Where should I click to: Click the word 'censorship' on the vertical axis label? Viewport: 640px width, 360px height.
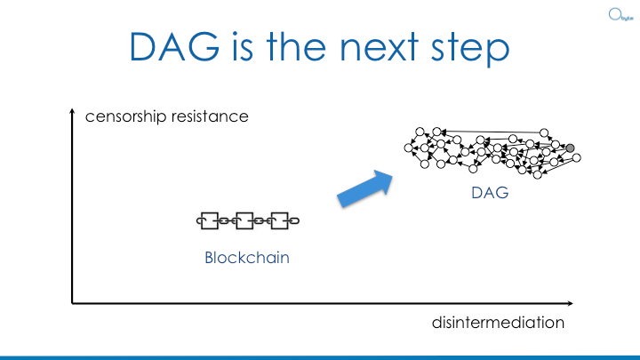[x=124, y=117]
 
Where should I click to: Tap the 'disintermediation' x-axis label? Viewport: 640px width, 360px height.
[x=498, y=323]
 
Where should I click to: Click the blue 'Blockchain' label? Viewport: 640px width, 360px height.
[x=248, y=259]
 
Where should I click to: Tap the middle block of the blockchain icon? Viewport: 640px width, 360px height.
[x=247, y=220]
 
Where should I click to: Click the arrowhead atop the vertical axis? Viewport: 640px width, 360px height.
[x=72, y=113]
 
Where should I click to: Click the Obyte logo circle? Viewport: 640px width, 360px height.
[x=613, y=14]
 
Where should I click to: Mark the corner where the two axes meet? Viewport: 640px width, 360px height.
[x=72, y=303]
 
